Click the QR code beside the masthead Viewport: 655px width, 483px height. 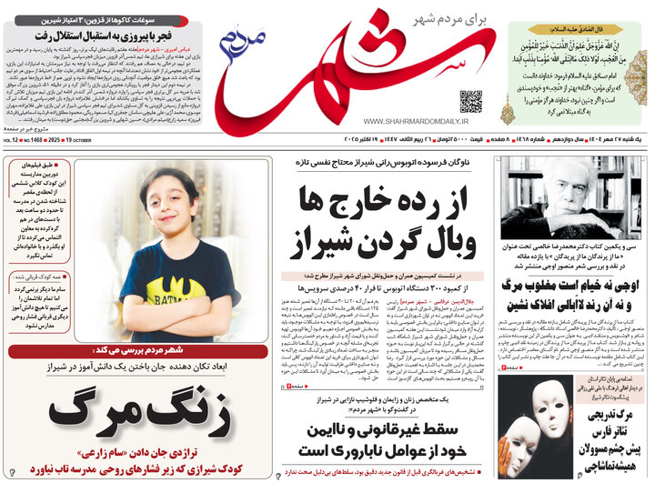(x=471, y=102)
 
